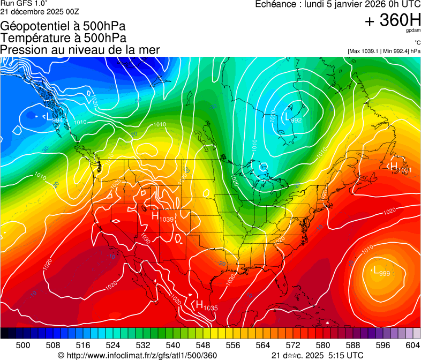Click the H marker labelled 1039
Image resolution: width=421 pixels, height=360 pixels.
click(155, 216)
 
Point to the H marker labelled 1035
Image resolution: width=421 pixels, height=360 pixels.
click(199, 305)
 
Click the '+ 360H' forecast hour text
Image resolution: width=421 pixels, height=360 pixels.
click(392, 20)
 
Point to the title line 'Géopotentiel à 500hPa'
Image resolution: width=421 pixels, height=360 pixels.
click(63, 26)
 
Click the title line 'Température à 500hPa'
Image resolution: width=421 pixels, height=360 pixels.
click(63, 38)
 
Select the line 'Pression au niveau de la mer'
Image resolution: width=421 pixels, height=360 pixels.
click(80, 50)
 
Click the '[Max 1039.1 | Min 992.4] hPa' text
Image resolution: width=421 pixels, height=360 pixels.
click(384, 51)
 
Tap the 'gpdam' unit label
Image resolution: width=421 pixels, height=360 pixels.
click(412, 31)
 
